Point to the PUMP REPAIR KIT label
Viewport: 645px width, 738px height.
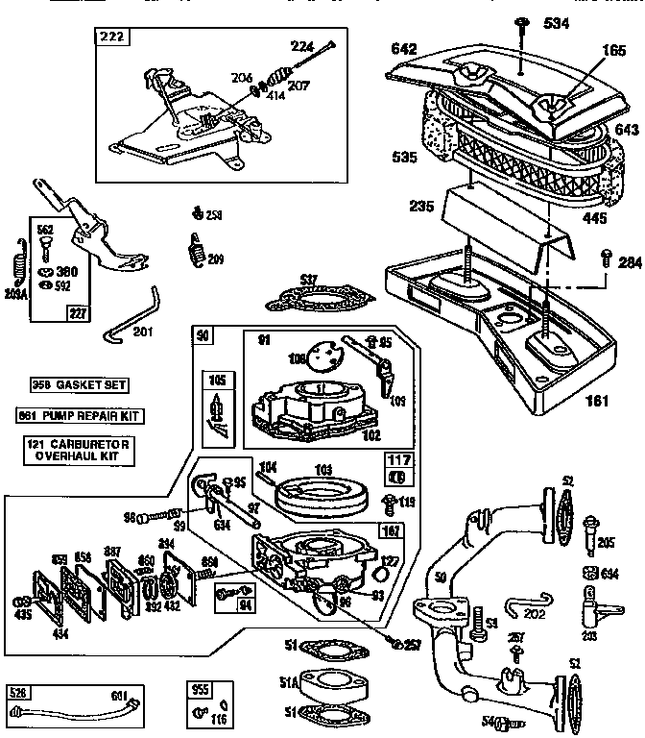(78, 416)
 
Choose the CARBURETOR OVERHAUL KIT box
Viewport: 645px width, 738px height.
(78, 450)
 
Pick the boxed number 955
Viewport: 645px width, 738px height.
(200, 690)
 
